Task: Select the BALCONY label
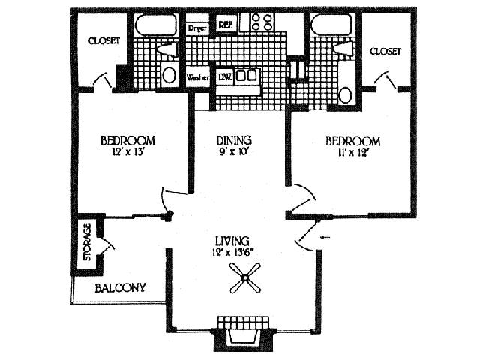(x=120, y=288)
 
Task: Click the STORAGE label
(x=87, y=242)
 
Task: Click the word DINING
(x=233, y=140)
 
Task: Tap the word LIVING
(x=232, y=241)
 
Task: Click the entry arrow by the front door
(x=325, y=238)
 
